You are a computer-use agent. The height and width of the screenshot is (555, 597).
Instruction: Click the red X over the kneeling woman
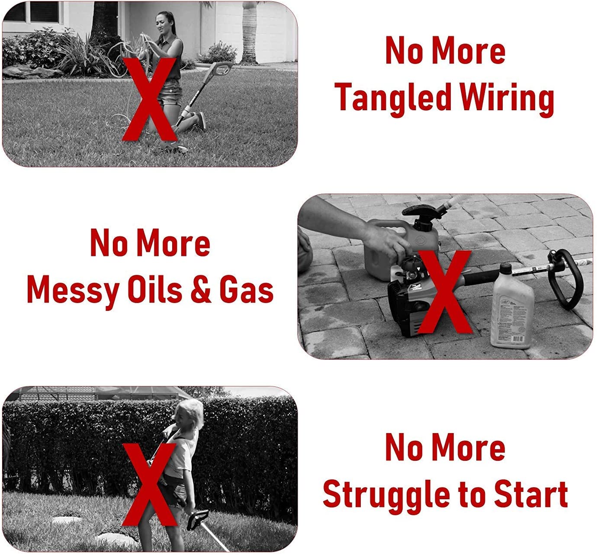pos(149,99)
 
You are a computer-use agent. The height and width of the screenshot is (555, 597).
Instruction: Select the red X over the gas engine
pos(444,292)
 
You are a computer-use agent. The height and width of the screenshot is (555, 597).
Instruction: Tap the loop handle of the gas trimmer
pos(565,280)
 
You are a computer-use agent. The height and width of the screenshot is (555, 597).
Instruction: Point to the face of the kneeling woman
pos(161,22)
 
